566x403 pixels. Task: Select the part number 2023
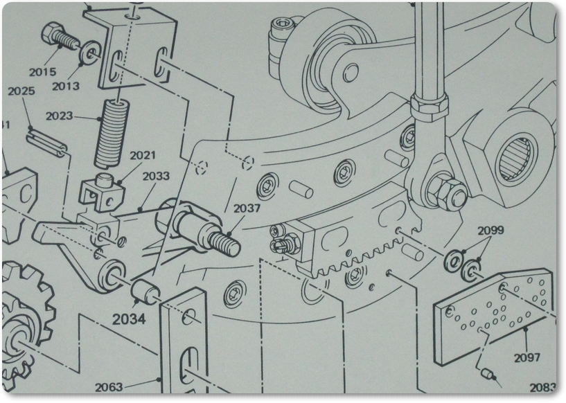click(60, 116)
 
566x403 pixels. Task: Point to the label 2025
click(21, 91)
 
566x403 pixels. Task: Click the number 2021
click(142, 155)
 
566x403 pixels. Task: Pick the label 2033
click(156, 176)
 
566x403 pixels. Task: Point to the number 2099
click(490, 230)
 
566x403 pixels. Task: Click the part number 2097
click(527, 358)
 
